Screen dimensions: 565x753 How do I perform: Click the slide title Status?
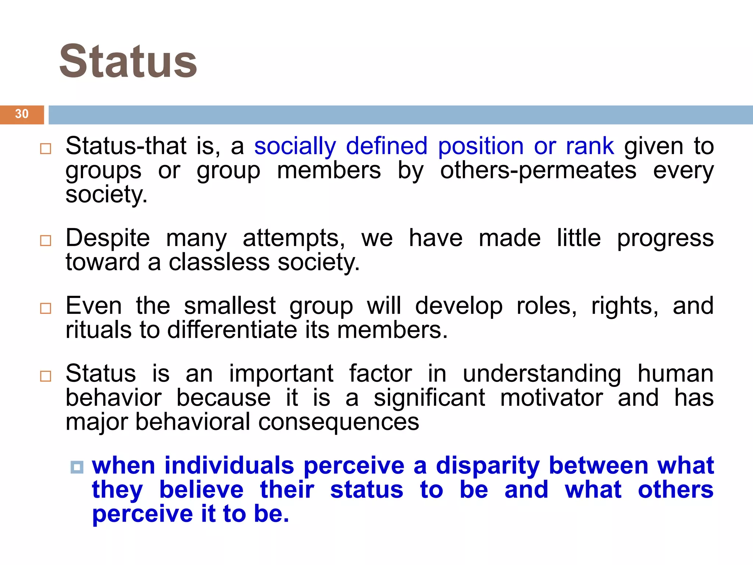click(128, 61)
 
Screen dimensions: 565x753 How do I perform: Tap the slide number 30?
click(22, 114)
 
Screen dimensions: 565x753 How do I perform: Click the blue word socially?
click(295, 146)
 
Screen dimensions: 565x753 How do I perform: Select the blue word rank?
click(590, 146)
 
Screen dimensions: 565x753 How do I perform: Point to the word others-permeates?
click(538, 171)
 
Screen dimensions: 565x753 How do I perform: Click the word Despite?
click(108, 238)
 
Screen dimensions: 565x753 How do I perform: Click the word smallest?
click(230, 306)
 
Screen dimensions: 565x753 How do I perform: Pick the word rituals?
click(98, 330)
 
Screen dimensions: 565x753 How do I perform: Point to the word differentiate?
click(232, 330)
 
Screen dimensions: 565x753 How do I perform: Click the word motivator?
click(551, 398)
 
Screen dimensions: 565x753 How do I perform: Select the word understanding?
click(542, 374)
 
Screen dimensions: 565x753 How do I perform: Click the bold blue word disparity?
click(488, 466)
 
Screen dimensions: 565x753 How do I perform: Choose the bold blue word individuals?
click(229, 466)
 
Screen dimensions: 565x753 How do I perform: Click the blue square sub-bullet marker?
click(77, 467)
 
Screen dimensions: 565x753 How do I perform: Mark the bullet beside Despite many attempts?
click(46, 241)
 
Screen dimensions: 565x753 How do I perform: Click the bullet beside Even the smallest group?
click(46, 308)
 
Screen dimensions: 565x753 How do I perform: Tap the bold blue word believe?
click(201, 490)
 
